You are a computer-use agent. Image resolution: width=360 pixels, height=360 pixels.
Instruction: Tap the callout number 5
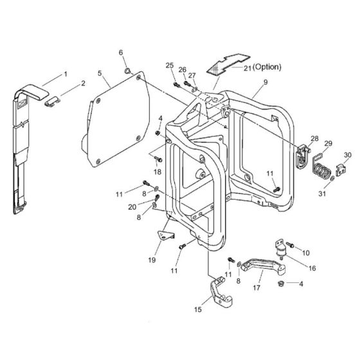[100, 74]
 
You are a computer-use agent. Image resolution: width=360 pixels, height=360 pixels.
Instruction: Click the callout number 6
[120, 52]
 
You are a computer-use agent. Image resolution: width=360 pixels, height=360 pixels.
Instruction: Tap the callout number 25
[170, 66]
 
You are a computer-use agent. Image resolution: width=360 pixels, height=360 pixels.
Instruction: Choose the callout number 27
[192, 76]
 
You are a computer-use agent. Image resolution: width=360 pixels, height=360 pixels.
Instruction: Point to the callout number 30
[348, 155]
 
